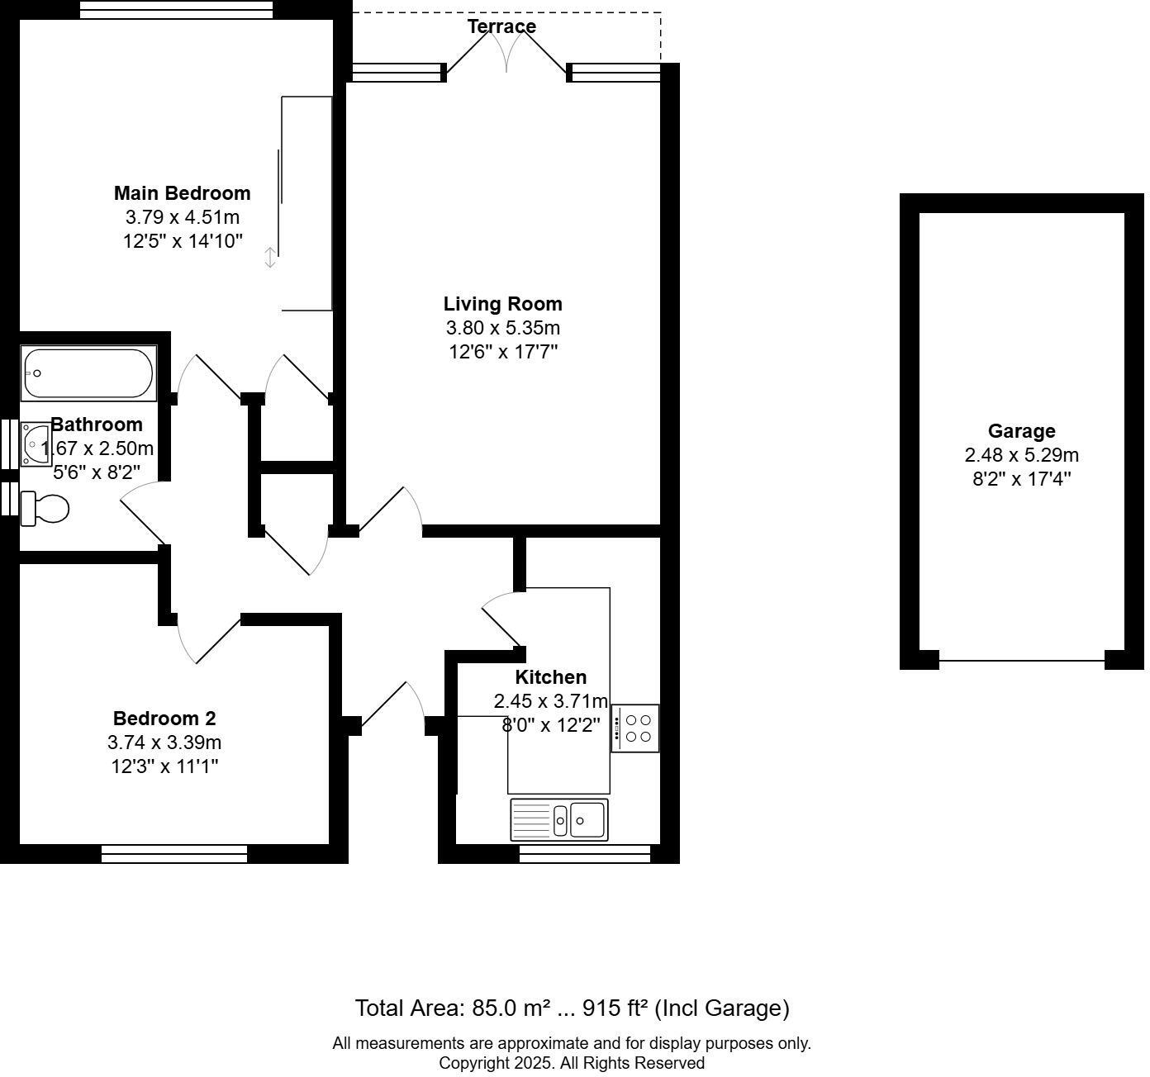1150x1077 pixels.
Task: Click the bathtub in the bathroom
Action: tap(88, 374)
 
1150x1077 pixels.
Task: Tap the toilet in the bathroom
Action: tap(45, 508)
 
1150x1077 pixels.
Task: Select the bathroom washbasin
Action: tap(36, 444)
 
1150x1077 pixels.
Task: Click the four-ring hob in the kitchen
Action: tap(635, 728)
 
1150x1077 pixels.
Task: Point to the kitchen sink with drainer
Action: tap(559, 819)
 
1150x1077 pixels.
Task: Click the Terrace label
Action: tap(501, 26)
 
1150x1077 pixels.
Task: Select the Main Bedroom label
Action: tap(182, 193)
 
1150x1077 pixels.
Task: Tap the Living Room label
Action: tap(502, 304)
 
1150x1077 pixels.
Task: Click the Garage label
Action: tap(1021, 431)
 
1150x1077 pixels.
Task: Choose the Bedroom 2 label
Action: tap(164, 719)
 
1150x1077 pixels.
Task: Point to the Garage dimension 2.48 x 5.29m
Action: tap(1021, 455)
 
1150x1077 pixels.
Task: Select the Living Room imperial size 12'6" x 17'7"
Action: tap(502, 352)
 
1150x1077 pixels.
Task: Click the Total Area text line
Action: tap(572, 1008)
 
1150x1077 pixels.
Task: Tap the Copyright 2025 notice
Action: tap(572, 1063)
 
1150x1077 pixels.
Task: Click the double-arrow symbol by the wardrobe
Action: tap(270, 258)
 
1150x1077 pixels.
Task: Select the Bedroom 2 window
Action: tap(174, 854)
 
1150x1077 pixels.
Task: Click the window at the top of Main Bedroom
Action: tap(176, 9)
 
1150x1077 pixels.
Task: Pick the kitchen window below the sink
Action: tap(585, 854)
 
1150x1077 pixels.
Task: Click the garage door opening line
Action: tap(1022, 661)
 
